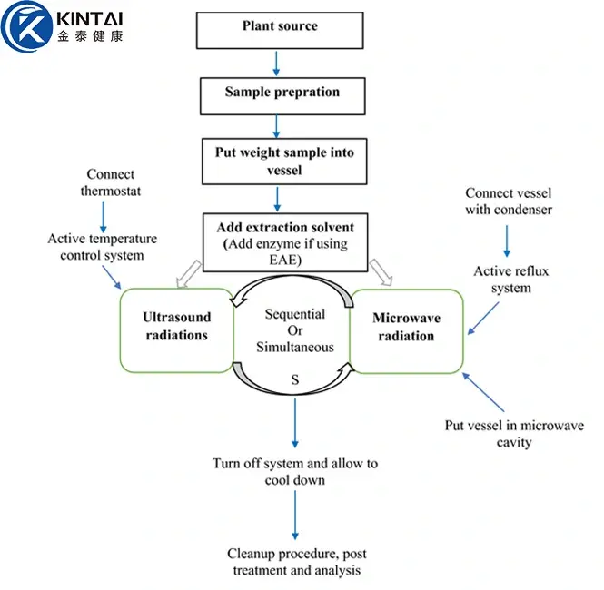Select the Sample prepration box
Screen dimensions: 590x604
point(282,93)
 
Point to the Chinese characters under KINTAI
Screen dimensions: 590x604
point(88,37)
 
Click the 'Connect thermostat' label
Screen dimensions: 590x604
point(110,182)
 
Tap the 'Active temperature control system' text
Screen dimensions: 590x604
point(103,247)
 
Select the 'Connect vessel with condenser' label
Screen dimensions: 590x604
point(508,202)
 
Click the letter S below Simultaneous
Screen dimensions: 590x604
point(294,379)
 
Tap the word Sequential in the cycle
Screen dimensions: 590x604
point(294,314)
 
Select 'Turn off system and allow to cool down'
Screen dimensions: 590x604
point(295,471)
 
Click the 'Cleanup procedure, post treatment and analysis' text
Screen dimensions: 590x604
point(296,562)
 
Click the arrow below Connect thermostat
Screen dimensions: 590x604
point(105,213)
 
